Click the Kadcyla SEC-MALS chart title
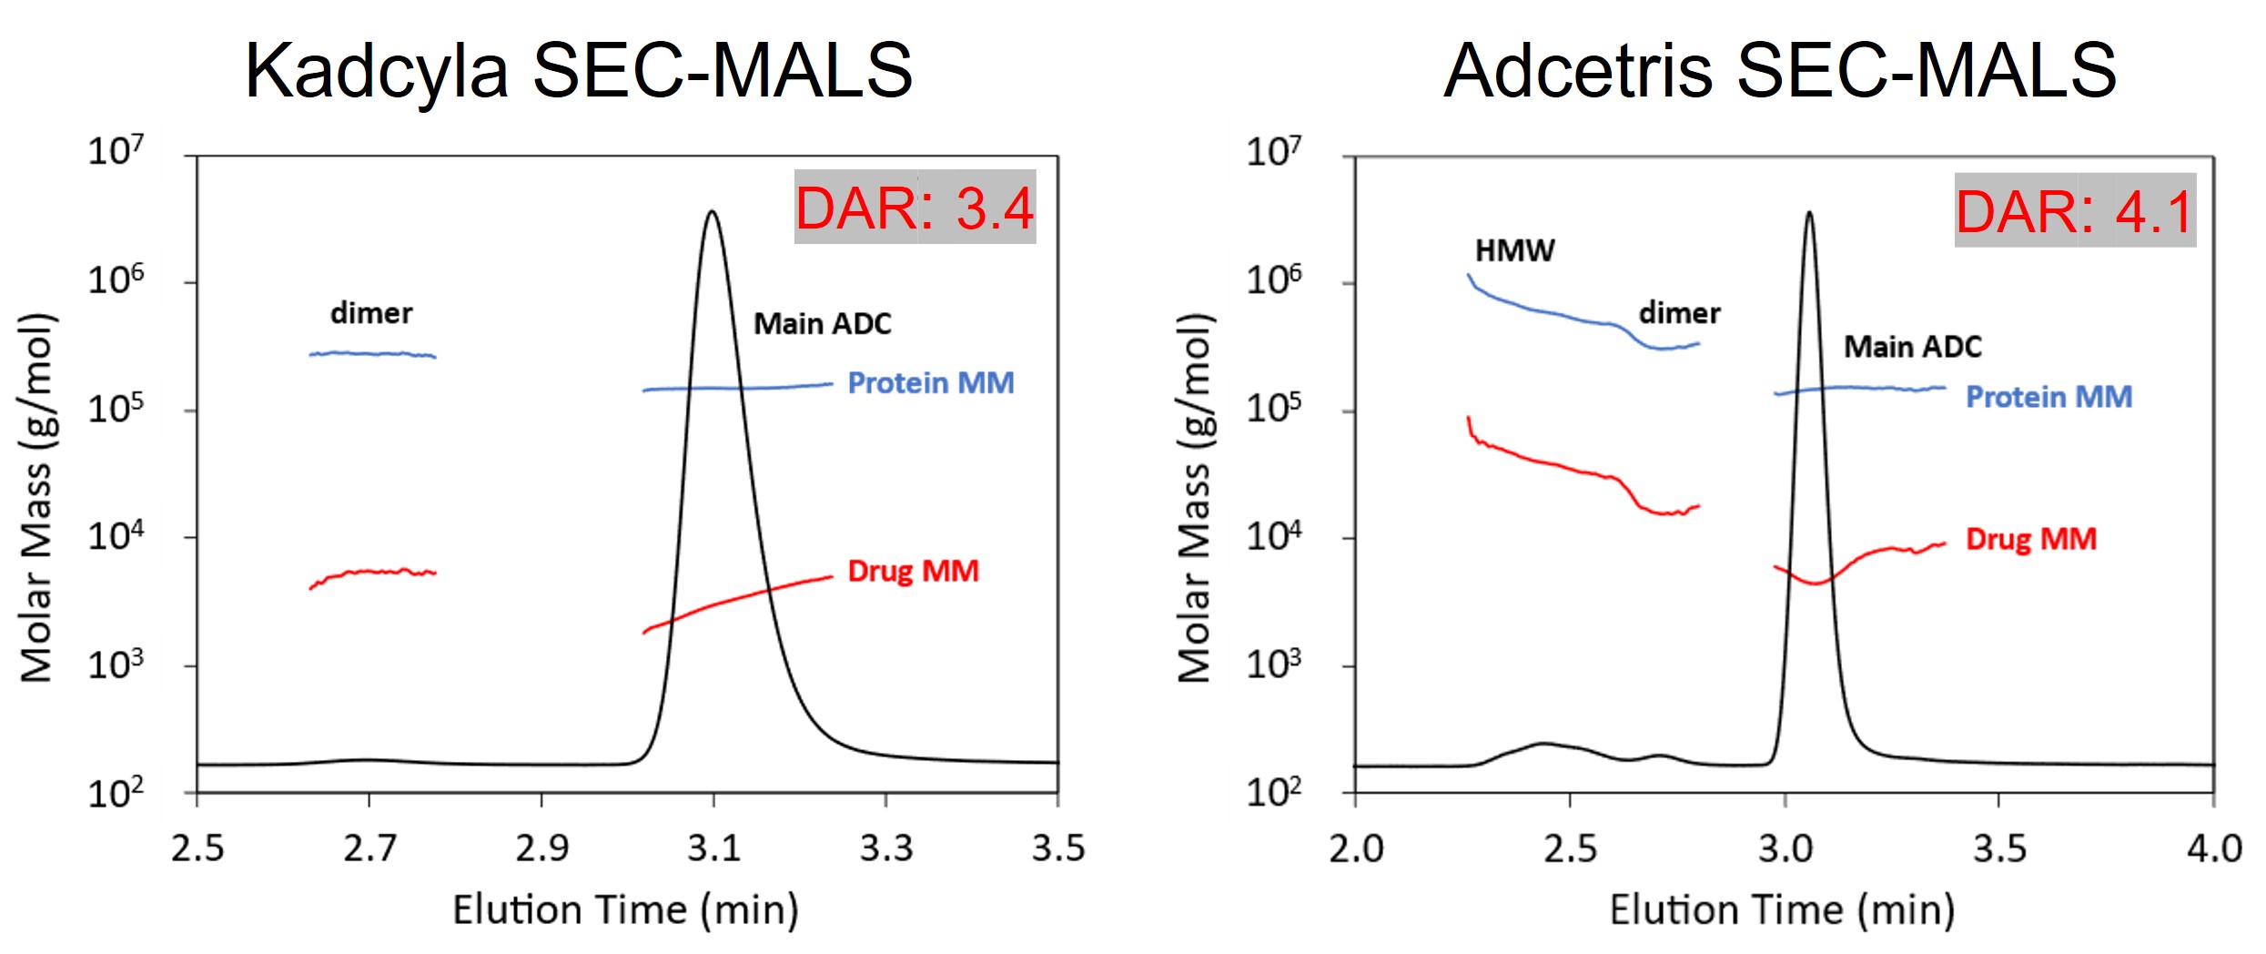[x=579, y=71]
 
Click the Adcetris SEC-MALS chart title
[x=1780, y=71]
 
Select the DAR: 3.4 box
[x=915, y=208]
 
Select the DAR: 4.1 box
[x=2075, y=211]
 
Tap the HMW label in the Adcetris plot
[x=1514, y=250]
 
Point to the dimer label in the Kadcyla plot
[x=371, y=313]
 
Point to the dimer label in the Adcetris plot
[x=1679, y=313]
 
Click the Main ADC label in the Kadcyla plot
[x=823, y=324]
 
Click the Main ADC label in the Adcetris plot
[x=1912, y=347]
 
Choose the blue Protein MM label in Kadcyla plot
[x=931, y=383]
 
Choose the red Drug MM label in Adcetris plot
[x=2031, y=539]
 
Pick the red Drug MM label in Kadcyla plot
[x=913, y=571]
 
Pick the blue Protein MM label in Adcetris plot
[x=2049, y=397]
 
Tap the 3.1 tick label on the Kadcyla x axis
[x=713, y=848]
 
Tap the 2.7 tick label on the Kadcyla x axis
[x=369, y=848]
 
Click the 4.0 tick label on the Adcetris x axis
[x=2213, y=848]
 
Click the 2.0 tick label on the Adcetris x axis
[x=1356, y=848]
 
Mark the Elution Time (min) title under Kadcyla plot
[x=626, y=909]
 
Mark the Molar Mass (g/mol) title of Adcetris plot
[x=1195, y=498]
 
